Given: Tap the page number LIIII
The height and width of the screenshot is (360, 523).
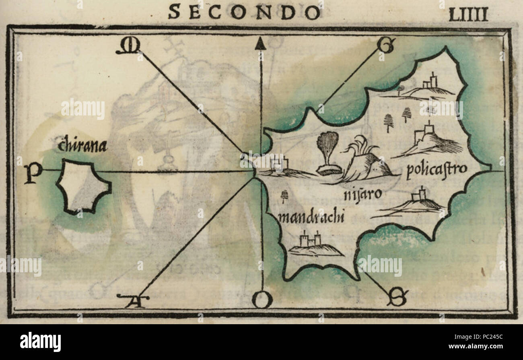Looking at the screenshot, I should (468, 14).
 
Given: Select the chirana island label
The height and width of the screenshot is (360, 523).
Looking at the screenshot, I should (82, 146).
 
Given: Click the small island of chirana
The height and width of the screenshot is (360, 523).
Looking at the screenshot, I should (83, 186).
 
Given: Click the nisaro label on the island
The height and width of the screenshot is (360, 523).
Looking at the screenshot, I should (362, 194).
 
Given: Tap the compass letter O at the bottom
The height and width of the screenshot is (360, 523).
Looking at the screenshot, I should (262, 300).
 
